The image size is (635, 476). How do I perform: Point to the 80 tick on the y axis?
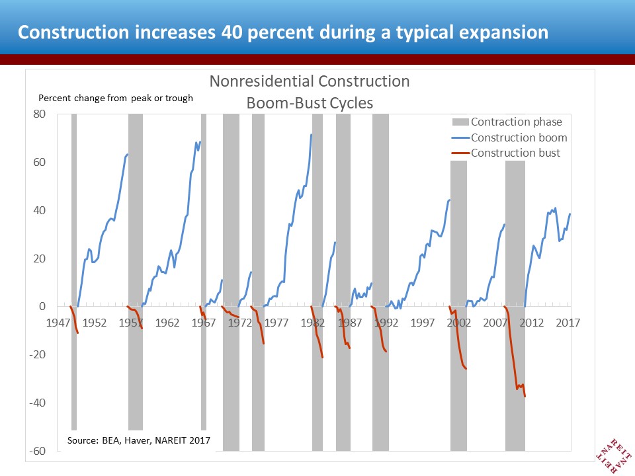[x=40, y=114]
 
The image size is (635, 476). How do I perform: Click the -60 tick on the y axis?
[x=38, y=452]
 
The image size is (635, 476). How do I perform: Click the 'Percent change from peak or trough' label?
[x=116, y=99]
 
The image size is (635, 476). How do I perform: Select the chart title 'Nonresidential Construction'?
[x=310, y=82]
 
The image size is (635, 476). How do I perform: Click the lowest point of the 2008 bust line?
[x=525, y=397]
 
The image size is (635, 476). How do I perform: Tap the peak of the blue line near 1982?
[x=312, y=134]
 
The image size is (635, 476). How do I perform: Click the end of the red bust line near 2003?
[x=466, y=369]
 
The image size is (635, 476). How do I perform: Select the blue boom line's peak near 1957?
[x=128, y=154]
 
